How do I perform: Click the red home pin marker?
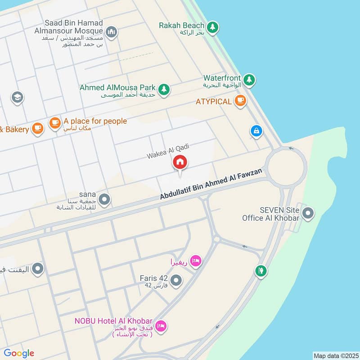180,162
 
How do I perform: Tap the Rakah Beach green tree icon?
213,27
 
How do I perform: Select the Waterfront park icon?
249,81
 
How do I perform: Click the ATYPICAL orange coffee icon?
240,101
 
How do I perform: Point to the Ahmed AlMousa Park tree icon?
164,89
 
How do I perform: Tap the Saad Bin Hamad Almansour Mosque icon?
111,31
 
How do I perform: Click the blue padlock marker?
256,131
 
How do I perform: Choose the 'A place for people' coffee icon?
55,123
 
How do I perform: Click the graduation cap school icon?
18,97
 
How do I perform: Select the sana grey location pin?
104,199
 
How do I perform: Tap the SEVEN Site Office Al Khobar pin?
308,213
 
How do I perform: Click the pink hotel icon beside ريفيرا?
196,261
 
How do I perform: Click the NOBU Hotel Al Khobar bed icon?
160,325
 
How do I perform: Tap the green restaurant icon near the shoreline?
261,271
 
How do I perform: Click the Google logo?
19,353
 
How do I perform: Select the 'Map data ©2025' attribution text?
336,355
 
